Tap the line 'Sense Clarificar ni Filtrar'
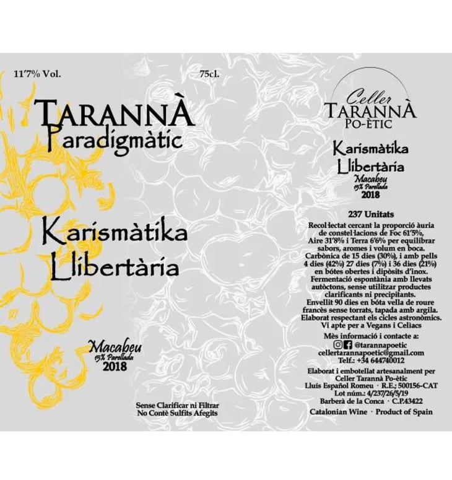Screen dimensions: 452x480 (x=178, y=404)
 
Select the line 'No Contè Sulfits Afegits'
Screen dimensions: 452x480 (x=178, y=412)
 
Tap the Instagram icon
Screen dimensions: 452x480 (x=337, y=344)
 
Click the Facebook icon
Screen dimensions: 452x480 (x=347, y=344)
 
